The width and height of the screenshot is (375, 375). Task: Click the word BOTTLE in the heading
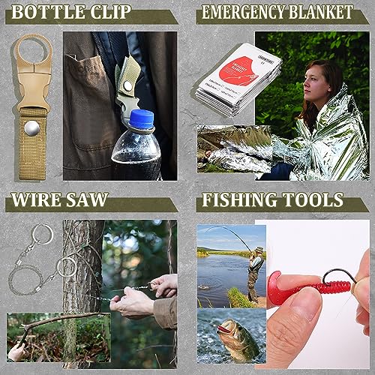coord(46,13)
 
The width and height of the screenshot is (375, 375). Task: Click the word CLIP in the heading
coord(109,13)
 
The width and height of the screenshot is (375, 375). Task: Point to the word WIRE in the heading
coord(37,200)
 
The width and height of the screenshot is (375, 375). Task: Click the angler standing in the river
coord(256,266)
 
